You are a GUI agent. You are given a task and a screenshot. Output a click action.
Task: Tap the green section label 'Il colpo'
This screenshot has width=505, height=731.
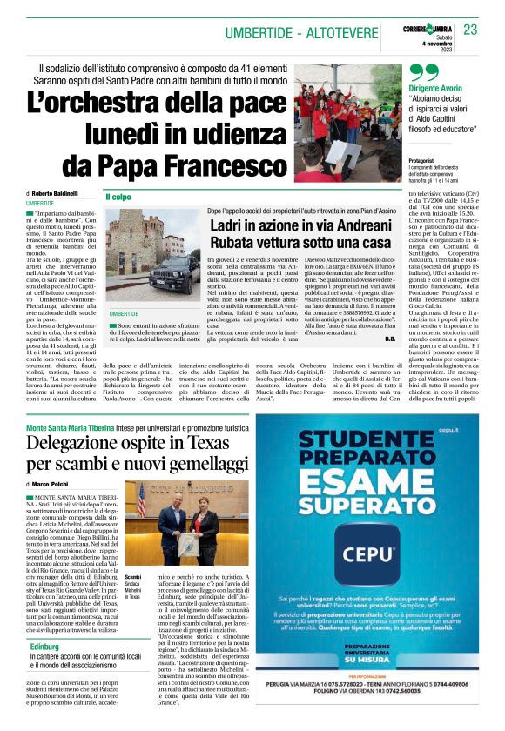[119, 197]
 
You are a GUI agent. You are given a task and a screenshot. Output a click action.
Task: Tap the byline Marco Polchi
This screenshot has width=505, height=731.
[52, 484]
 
